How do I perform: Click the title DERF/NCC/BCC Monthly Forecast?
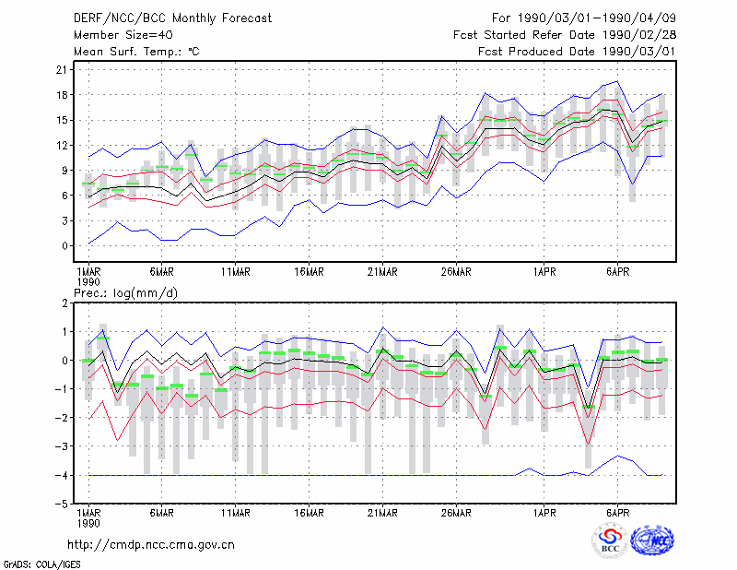point(172,18)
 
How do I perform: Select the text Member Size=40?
point(123,35)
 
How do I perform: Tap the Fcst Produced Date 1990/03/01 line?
point(577,52)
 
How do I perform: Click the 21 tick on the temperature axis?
point(62,70)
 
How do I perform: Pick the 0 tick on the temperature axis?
point(64,246)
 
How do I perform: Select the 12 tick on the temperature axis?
point(62,146)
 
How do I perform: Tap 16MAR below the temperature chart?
point(309,272)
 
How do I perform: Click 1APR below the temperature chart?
point(544,272)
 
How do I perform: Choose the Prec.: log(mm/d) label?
point(126,293)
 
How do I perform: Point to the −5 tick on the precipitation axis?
point(61,504)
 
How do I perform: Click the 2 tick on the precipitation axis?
point(64,303)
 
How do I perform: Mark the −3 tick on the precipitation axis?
point(61,446)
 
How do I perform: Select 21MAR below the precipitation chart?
point(382,513)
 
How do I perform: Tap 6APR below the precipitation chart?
point(617,513)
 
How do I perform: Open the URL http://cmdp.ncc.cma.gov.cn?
point(151,545)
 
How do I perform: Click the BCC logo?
point(610,540)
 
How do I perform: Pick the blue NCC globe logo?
point(653,540)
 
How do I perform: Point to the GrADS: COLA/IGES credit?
point(42,564)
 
